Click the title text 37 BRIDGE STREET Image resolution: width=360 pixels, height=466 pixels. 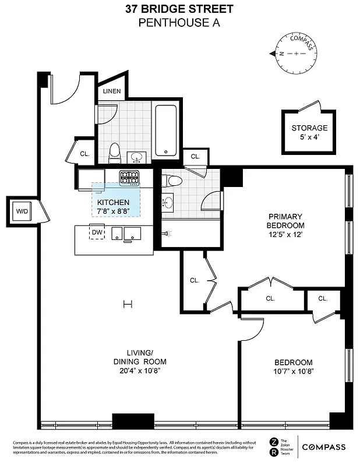click(179, 9)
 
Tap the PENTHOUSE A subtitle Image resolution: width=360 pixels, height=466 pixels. click(179, 23)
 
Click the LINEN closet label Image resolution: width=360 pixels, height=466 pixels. click(111, 91)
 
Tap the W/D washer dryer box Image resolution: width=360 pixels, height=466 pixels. click(22, 211)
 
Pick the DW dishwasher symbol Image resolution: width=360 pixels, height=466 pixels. click(97, 233)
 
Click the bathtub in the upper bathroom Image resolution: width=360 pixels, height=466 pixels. click(167, 130)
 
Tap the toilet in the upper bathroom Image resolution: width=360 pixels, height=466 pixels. click(114, 153)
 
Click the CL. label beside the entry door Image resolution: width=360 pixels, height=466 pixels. click(84, 154)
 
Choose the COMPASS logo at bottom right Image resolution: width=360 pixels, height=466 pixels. click(323, 447)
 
